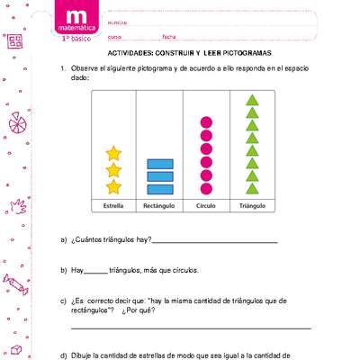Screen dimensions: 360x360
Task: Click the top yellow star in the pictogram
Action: click(113, 153)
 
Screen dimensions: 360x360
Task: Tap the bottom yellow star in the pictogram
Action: click(113, 186)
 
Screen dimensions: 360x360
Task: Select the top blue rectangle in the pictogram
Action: click(159, 163)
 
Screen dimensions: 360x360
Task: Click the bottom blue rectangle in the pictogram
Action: click(159, 188)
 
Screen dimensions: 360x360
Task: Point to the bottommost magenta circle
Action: click(206, 189)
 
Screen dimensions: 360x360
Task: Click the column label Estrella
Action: click(113, 206)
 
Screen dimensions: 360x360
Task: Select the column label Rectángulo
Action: click(159, 206)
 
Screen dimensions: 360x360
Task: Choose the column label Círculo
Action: click(206, 206)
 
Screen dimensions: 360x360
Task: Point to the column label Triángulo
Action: click(253, 206)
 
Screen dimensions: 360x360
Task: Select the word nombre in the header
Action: click(117, 21)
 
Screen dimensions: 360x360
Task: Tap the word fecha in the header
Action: click(168, 37)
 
